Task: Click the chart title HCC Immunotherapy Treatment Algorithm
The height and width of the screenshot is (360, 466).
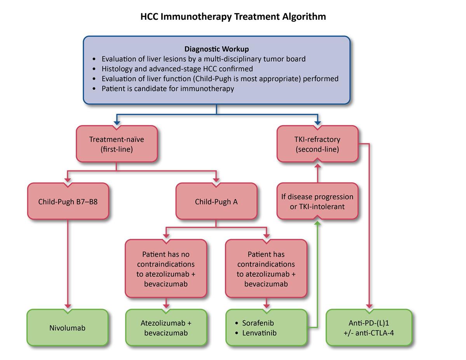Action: (x=233, y=17)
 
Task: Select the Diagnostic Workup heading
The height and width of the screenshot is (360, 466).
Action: (x=216, y=49)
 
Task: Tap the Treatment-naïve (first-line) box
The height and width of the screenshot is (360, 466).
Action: (x=116, y=144)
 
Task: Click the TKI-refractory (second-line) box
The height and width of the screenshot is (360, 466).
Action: (x=317, y=144)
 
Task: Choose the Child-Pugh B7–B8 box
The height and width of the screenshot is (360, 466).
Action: (x=68, y=202)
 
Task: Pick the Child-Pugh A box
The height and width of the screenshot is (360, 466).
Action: (x=216, y=202)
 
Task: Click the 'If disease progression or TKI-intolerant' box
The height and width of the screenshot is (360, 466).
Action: (x=317, y=201)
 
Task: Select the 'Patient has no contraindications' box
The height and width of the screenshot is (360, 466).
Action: (x=166, y=269)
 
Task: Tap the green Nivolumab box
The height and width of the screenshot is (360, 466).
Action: (x=68, y=328)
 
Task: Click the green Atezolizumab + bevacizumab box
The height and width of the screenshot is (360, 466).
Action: (x=166, y=328)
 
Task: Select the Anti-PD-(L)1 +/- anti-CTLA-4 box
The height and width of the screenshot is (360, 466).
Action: (x=369, y=328)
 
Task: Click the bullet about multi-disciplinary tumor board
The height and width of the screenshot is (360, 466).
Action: (x=203, y=59)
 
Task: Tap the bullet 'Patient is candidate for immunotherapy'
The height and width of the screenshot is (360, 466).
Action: (x=167, y=89)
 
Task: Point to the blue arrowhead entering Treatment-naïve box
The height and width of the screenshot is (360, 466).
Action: (x=116, y=122)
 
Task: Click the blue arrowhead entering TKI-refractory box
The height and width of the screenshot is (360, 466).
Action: (x=317, y=122)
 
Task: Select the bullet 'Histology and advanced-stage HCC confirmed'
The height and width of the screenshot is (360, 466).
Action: (x=177, y=69)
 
